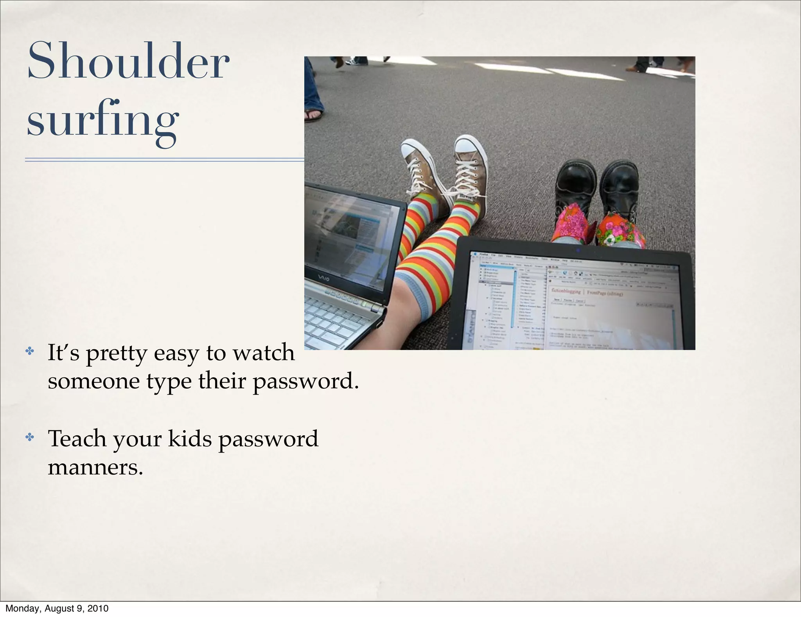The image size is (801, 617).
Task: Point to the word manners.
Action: click(x=95, y=467)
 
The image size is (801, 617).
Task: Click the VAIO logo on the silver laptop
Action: click(x=323, y=278)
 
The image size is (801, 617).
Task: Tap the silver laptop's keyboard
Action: click(x=332, y=321)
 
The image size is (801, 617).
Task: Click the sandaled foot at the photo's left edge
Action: click(x=314, y=114)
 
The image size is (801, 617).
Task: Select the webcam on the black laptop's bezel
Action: click(x=578, y=250)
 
